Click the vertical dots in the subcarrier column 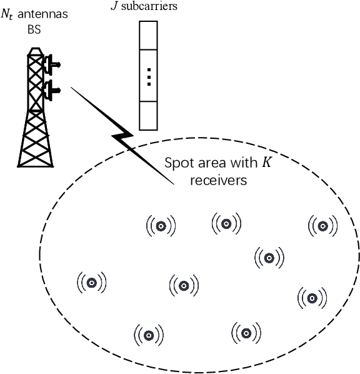tap(147, 76)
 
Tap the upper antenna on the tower tap(52, 64)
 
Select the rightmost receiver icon tap(322, 226)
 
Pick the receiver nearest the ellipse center tap(184, 286)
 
